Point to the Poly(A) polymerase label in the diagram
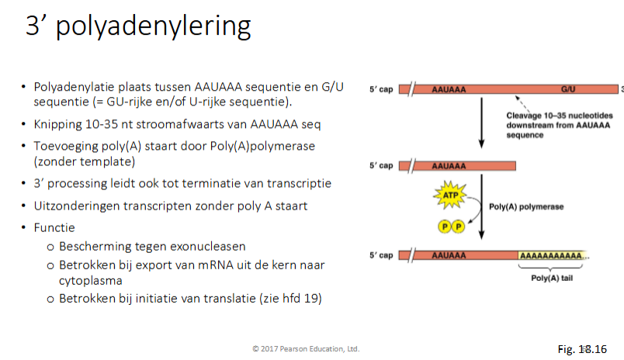click(x=525, y=207)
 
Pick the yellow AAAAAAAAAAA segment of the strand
click(x=553, y=254)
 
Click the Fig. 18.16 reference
click(x=581, y=350)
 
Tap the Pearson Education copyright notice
click(x=306, y=349)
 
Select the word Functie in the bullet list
click(x=54, y=229)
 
